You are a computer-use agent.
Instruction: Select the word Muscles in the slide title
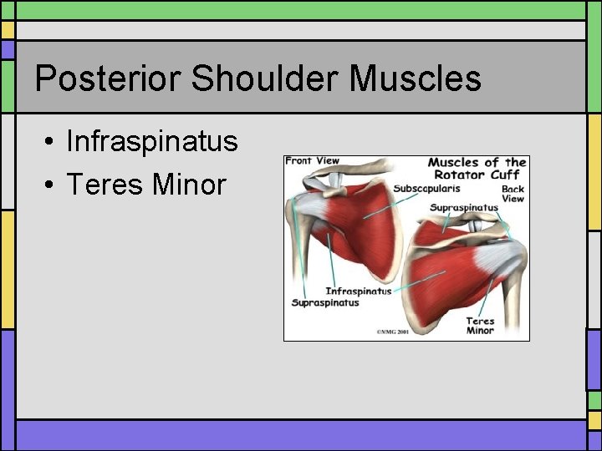tap(416, 79)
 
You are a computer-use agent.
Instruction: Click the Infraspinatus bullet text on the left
tap(151, 141)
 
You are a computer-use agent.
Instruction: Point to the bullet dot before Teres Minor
tap(51, 185)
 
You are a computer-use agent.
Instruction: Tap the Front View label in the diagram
tap(311, 161)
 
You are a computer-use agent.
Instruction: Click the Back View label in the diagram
tap(512, 194)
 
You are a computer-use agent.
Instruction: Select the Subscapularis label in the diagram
tap(426, 189)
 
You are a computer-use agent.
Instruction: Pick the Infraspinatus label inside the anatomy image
tap(358, 291)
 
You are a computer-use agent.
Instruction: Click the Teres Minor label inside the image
tap(480, 326)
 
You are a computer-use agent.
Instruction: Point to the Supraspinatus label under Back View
tap(463, 207)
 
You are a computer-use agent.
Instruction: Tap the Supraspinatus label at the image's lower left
tap(325, 302)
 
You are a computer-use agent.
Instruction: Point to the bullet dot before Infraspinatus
tap(51, 141)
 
